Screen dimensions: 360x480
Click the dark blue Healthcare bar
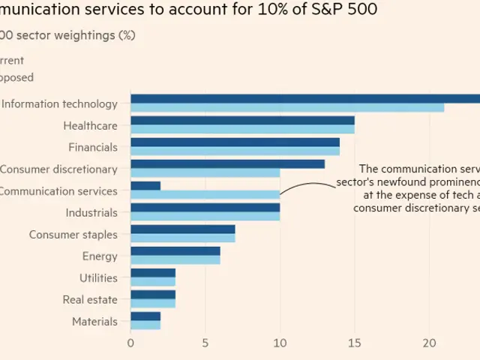(x=242, y=120)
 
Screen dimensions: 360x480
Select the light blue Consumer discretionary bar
(x=205, y=173)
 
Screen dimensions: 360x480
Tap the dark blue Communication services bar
(x=145, y=185)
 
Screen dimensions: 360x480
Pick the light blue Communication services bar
(x=205, y=195)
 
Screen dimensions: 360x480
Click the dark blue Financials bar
(x=235, y=142)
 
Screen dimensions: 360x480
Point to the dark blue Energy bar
(x=175, y=250)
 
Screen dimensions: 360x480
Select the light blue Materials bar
(x=145, y=325)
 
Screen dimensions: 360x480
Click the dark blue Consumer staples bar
(x=182, y=229)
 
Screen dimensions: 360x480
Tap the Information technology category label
(x=59, y=104)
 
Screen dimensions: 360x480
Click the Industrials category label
(x=91, y=213)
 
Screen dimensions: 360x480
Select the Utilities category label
(x=98, y=278)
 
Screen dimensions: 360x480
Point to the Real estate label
(x=90, y=300)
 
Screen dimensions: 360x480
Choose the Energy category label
(x=100, y=256)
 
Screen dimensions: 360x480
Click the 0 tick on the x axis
(x=130, y=343)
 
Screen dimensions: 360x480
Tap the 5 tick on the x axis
(x=205, y=343)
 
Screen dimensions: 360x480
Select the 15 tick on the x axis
(x=354, y=343)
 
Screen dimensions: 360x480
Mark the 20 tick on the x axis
(x=428, y=343)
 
